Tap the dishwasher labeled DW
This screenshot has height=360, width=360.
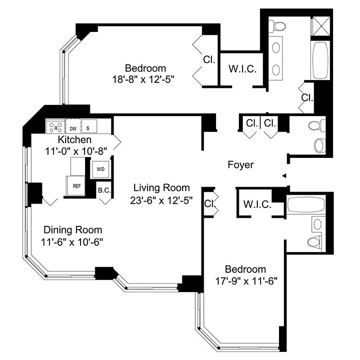pyautogui.click(x=72, y=127)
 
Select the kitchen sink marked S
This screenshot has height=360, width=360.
pyautogui.click(x=89, y=127)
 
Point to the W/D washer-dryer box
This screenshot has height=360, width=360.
pyautogui.click(x=99, y=170)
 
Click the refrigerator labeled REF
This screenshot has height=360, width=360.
pyautogui.click(x=76, y=185)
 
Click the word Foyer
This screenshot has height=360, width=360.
pyautogui.click(x=240, y=165)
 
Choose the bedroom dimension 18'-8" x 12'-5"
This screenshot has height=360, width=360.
pyautogui.click(x=143, y=79)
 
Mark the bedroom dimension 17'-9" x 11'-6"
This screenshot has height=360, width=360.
pyautogui.click(x=245, y=281)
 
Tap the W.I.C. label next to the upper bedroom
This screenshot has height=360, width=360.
pyautogui.click(x=243, y=69)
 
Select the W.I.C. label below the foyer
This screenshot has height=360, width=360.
pyautogui.click(x=257, y=205)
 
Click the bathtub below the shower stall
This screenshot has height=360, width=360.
pyautogui.click(x=320, y=61)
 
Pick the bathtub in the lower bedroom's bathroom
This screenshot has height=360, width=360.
pyautogui.click(x=306, y=204)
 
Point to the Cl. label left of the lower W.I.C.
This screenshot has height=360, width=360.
pyautogui.click(x=209, y=203)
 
